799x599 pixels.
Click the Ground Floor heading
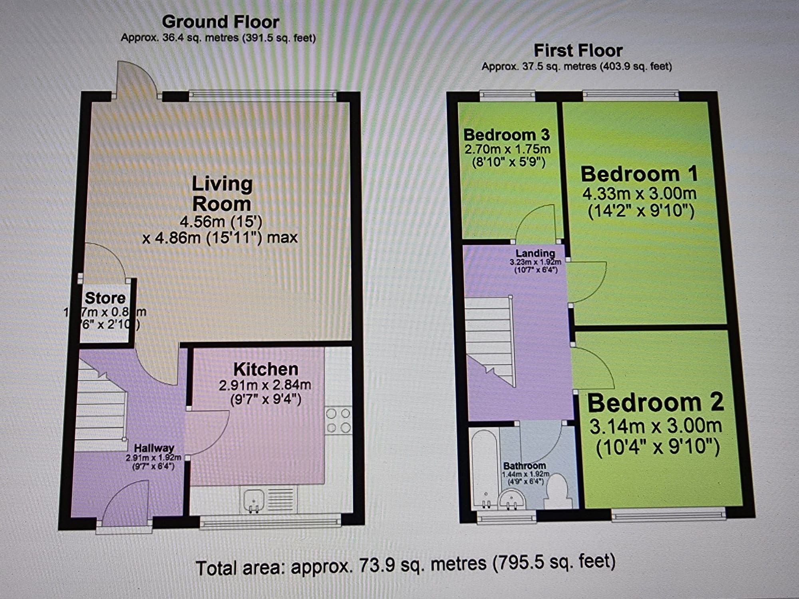point(220,22)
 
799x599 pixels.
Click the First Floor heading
point(578,51)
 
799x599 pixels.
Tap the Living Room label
point(222,194)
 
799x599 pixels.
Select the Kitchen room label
point(266,369)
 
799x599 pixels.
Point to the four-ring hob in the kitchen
point(338,420)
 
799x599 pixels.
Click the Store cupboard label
point(105,298)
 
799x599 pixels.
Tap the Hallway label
point(154,448)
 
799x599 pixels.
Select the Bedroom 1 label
point(639,174)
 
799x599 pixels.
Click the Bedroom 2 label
point(655,403)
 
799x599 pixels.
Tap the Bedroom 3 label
point(507,135)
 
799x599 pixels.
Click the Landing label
point(535,253)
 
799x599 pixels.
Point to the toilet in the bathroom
point(558,493)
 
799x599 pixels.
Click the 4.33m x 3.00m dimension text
point(639,194)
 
